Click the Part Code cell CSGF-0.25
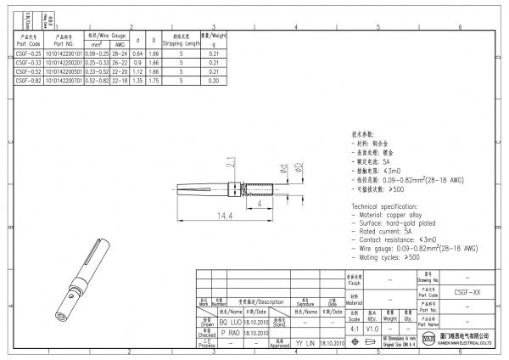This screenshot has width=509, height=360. pos(29,53)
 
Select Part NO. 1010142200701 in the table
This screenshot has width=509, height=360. pos(67,81)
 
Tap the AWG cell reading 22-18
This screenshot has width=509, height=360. pos(120,81)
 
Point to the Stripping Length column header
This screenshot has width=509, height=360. pos(181,40)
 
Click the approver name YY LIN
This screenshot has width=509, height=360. pos(304,344)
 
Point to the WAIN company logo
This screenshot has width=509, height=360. pos(428,343)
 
